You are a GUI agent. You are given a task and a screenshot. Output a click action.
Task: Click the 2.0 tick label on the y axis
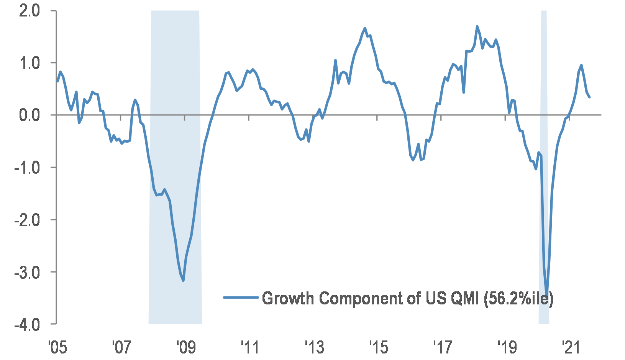pos(30,11)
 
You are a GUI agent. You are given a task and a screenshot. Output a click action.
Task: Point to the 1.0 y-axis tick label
pos(30,63)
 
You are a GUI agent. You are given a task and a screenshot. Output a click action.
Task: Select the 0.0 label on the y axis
pos(30,115)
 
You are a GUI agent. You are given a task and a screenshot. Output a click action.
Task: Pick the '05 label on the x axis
pos(57,347)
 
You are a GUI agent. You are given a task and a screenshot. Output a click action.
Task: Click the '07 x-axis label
pos(121,347)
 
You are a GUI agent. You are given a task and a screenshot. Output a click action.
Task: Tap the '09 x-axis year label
pos(186,347)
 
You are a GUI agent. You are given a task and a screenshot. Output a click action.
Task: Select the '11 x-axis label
pos(250,347)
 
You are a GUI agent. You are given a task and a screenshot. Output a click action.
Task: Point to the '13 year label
pos(314,347)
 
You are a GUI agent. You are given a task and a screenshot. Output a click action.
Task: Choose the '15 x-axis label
pos(378,347)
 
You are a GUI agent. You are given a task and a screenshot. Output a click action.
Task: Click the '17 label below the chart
pos(443,347)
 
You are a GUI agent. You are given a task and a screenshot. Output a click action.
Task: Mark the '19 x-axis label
pos(507,347)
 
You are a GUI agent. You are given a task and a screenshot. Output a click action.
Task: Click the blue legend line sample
pos(241,297)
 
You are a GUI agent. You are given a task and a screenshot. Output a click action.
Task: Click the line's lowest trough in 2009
pos(184,281)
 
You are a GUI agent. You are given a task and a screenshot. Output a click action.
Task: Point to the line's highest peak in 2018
pos(477,26)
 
